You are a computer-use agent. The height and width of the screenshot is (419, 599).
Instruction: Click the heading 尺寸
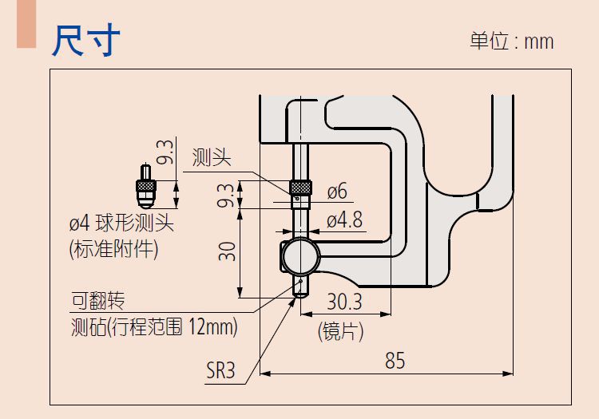click(x=86, y=40)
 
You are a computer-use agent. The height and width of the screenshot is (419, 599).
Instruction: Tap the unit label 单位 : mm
click(x=511, y=42)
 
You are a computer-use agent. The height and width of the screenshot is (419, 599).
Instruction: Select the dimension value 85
click(x=395, y=361)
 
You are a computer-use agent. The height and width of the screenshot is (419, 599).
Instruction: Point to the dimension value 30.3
click(x=345, y=302)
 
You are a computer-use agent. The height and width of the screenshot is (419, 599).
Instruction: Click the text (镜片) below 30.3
click(x=341, y=330)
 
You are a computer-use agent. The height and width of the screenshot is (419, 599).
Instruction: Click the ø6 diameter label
click(x=337, y=192)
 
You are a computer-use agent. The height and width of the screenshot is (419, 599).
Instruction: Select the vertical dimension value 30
click(x=228, y=252)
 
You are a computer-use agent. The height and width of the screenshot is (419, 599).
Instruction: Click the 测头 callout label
click(x=212, y=157)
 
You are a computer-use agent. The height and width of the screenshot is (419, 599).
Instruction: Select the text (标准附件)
click(x=114, y=249)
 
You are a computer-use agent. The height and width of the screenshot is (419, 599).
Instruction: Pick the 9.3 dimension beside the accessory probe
click(x=165, y=152)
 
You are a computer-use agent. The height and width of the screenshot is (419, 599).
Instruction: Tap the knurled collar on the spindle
click(x=299, y=188)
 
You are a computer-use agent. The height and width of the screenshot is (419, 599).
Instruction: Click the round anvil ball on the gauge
click(x=300, y=255)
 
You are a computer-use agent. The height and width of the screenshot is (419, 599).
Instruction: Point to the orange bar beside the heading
click(x=26, y=24)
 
